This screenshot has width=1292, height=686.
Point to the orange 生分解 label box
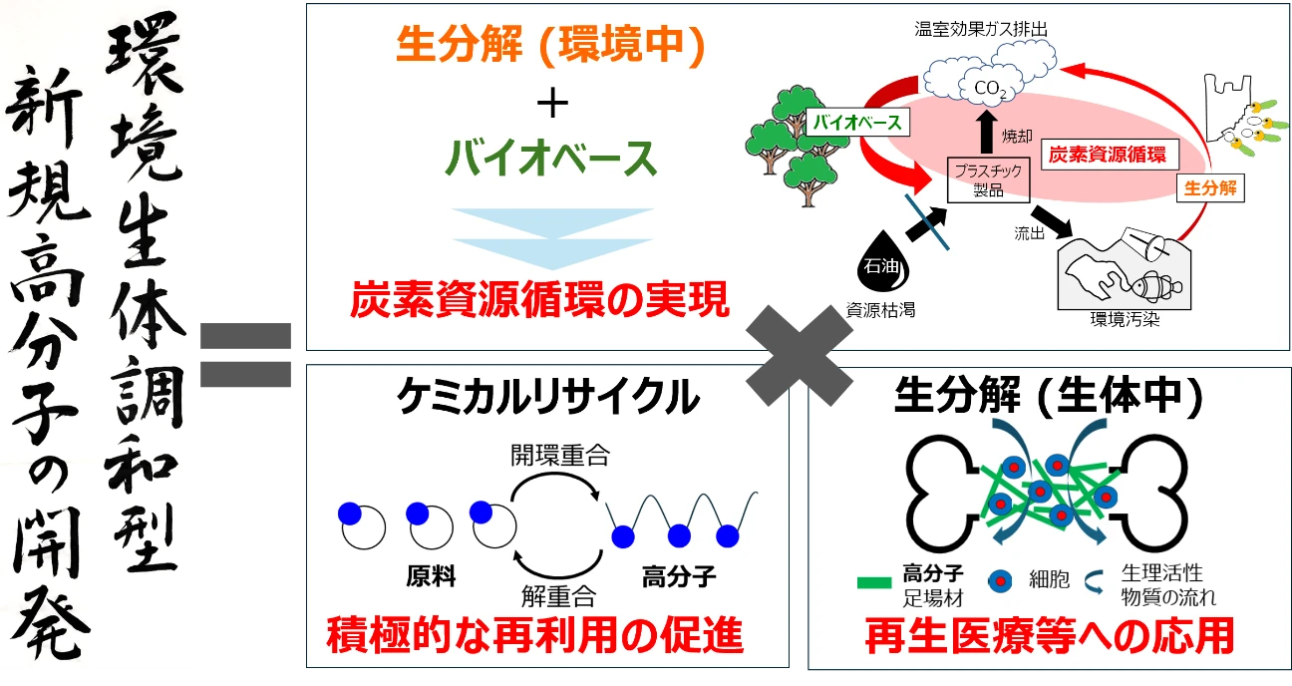[x=1210, y=187]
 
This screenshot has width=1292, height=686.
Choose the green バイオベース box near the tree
[x=856, y=123]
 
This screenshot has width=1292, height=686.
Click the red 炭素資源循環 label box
[x=1109, y=155]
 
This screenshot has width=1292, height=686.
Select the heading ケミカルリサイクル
[x=546, y=397]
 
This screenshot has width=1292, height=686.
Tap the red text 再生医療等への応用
[x=1050, y=635]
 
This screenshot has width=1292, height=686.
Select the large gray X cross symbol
[x=799, y=355]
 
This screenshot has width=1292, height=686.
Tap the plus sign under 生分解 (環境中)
[x=551, y=104]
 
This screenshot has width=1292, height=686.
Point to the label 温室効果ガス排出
[x=982, y=29]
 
